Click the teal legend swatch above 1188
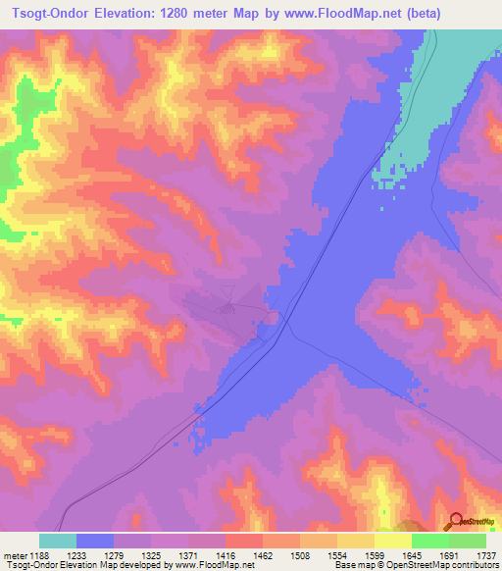[x=58, y=541]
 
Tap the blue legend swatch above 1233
[x=95, y=541]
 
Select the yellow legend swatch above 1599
[x=393, y=541]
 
